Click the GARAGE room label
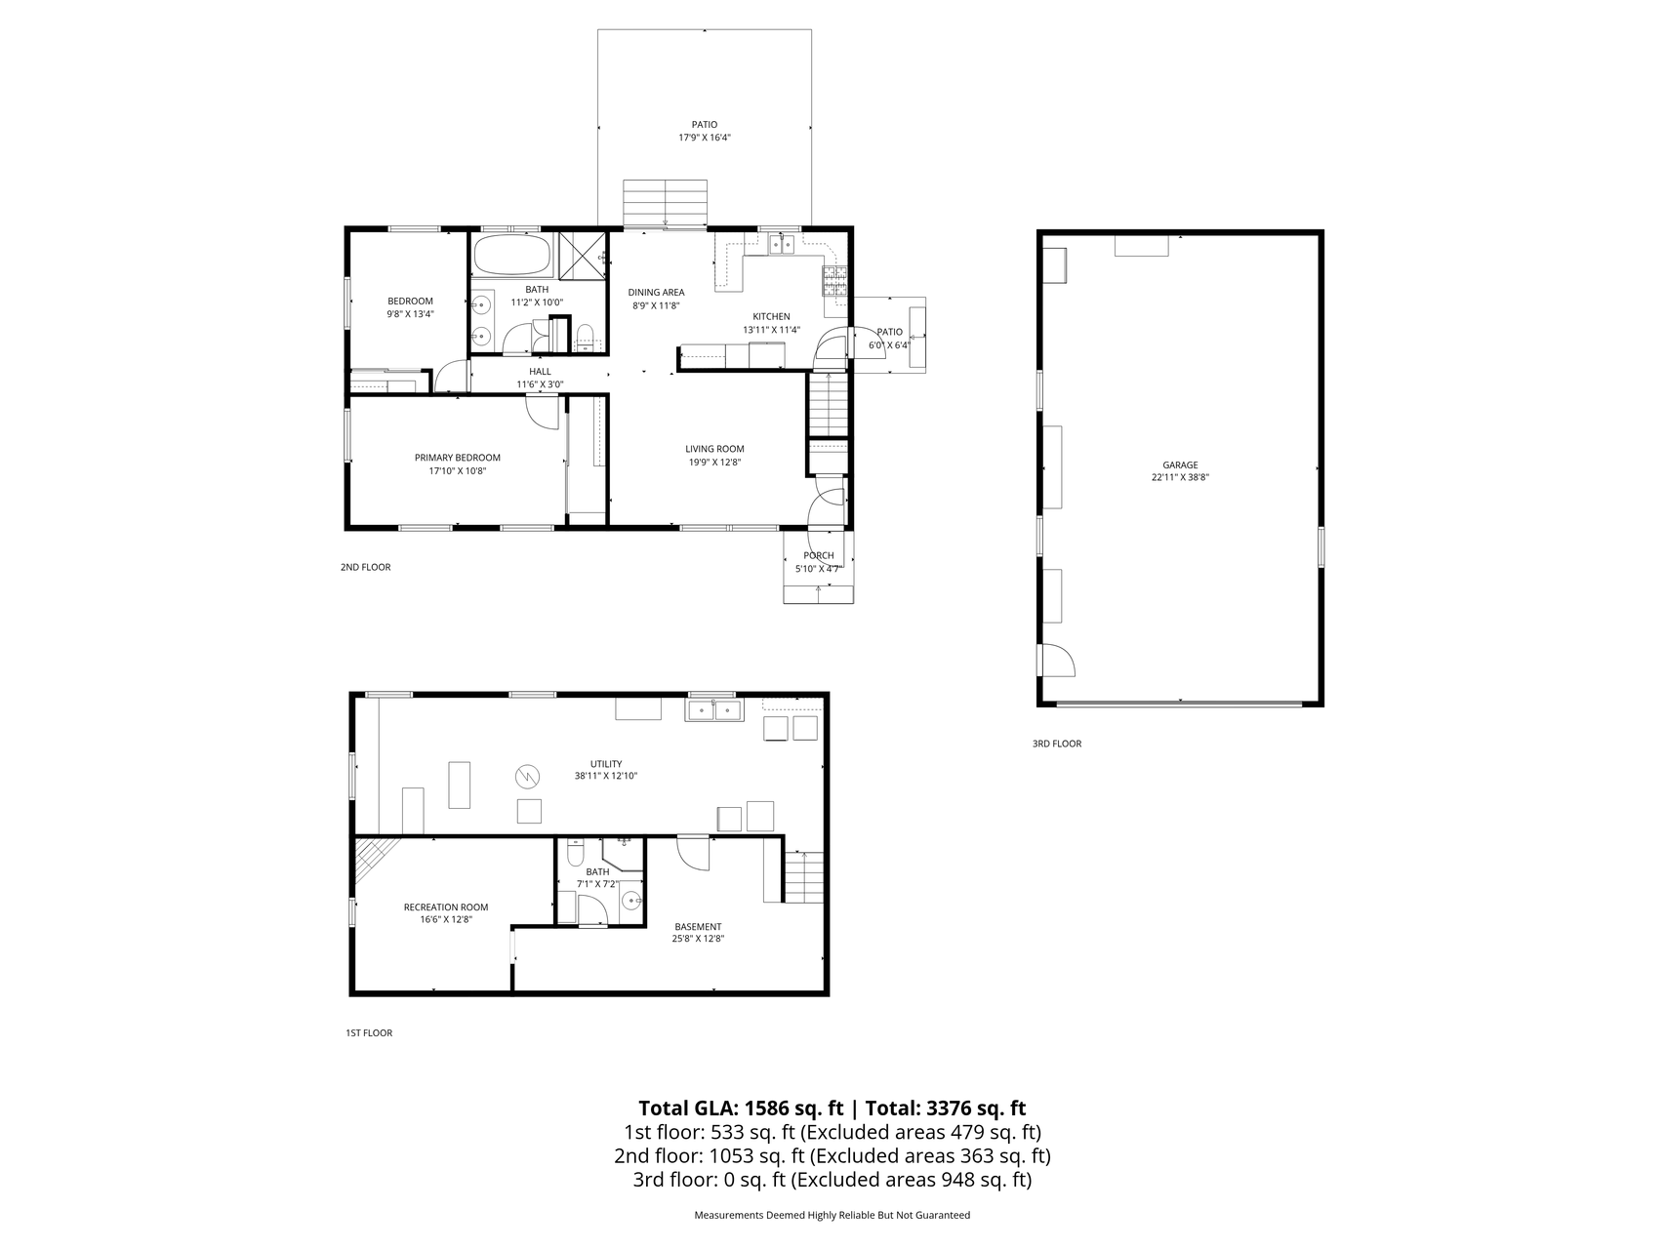1180,465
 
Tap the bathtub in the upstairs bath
511,256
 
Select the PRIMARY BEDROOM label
457,458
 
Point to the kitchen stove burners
836,280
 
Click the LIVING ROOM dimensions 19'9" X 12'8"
715,463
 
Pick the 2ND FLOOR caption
365,567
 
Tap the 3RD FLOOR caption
1057,744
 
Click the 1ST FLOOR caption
369,1032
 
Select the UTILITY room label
605,764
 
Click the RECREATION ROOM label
446,907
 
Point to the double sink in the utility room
714,709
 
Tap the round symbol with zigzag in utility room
527,777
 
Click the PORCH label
819,556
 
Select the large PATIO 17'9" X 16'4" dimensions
705,138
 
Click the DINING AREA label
656,292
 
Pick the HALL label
540,372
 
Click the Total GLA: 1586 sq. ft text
741,1108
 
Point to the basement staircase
802,876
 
